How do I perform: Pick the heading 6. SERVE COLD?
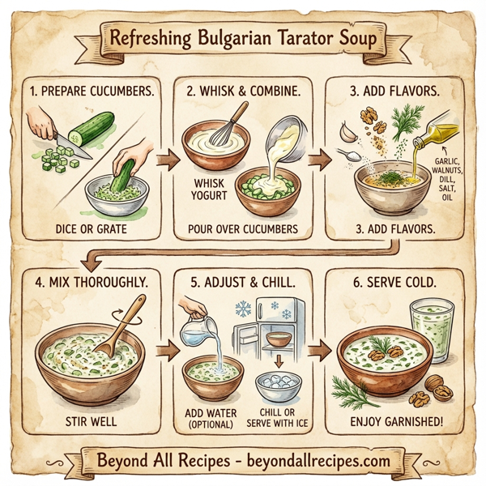click(x=394, y=283)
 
